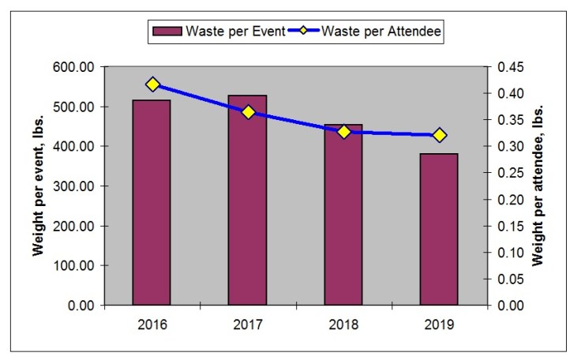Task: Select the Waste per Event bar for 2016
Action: click(152, 202)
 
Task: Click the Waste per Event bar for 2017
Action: click(247, 200)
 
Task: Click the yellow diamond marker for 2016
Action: click(153, 85)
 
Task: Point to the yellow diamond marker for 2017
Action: click(249, 112)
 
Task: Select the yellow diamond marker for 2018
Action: click(344, 132)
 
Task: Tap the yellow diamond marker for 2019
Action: click(440, 135)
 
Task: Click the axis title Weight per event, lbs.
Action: click(37, 186)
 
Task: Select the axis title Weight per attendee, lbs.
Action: click(540, 186)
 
